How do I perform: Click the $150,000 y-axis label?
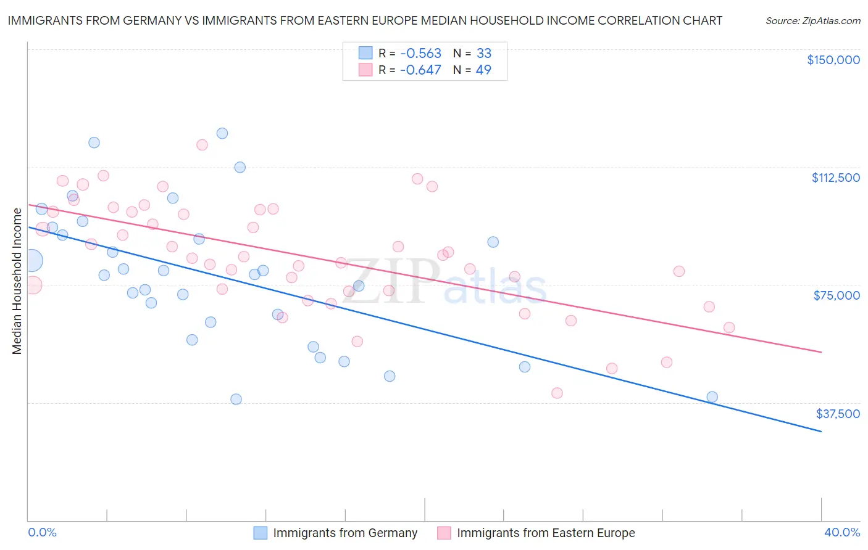pos(833,60)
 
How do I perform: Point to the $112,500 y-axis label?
pos(835,178)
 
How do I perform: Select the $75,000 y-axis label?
pos(837,295)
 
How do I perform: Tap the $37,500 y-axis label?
pos(838,414)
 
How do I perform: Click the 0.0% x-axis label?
pos(42,532)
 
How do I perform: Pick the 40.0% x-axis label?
pos(841,532)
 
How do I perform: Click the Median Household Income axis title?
pos(17,281)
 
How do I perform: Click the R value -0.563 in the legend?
pos(420,53)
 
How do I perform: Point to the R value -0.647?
pos(420,70)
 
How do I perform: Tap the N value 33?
pos(483,53)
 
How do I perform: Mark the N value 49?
pos(483,70)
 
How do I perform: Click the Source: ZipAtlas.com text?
pos(812,21)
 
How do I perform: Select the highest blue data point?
pos(222,133)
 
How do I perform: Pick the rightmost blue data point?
pos(712,397)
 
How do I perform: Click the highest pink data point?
pos(202,145)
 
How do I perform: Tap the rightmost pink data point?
pos(729,327)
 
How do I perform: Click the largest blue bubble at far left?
pos(31,261)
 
